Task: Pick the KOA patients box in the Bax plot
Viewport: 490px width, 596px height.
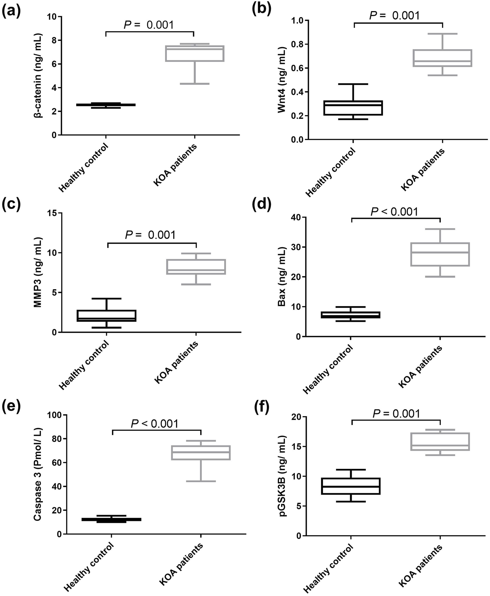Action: [x=440, y=254]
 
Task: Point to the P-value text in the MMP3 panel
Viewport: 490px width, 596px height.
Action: [x=150, y=235]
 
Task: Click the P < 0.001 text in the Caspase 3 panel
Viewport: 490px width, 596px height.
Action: [x=154, y=424]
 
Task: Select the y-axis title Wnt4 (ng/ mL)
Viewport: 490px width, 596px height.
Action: [x=282, y=80]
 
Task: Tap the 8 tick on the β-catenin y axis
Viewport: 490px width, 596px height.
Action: [x=54, y=40]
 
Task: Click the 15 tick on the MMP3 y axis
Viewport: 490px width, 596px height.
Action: [x=52, y=213]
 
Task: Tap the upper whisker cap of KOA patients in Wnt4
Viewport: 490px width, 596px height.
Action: [x=442, y=34]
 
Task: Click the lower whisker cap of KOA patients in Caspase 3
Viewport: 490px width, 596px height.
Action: [x=201, y=481]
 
